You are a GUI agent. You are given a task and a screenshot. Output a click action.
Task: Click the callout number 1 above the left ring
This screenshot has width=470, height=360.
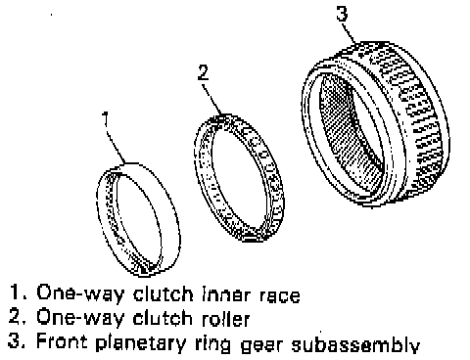point(105,119)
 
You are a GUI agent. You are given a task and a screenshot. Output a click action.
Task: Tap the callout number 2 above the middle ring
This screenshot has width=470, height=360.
point(204,72)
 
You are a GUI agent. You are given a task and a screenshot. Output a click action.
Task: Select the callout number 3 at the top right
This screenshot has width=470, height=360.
point(342,14)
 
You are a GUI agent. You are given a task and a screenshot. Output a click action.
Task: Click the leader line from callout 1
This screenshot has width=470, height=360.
point(116,146)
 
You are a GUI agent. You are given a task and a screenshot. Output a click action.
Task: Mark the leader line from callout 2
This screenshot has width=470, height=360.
point(212,99)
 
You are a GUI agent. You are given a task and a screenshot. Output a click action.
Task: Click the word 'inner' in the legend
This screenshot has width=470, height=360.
point(227,294)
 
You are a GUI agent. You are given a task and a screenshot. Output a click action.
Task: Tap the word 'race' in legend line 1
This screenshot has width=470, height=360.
point(280,295)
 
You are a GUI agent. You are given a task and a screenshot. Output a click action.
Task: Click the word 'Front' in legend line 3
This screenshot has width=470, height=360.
point(62,341)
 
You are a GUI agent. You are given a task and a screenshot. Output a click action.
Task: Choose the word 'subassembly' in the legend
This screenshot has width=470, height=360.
point(355,343)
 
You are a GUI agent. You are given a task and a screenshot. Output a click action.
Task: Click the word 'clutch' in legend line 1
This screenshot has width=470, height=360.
point(164,294)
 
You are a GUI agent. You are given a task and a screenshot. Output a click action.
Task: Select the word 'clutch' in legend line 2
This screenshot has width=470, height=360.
point(164,318)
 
